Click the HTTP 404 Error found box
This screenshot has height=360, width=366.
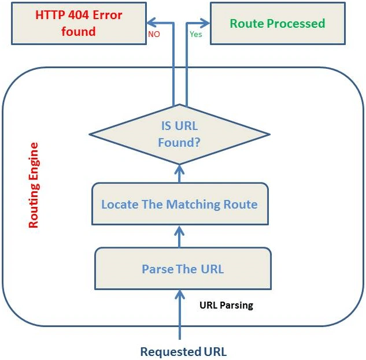point(79,23)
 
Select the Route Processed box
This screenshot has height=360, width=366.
point(278,23)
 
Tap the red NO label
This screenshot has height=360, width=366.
point(154,34)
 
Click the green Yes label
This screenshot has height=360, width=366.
point(196,34)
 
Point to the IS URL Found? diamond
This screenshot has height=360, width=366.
point(179,135)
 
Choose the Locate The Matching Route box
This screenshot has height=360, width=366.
point(180,204)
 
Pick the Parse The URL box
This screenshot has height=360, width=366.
point(183,269)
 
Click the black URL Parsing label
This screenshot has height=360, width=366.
point(227,305)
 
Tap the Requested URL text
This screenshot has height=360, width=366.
point(183,351)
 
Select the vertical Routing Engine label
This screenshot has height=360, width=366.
point(34,185)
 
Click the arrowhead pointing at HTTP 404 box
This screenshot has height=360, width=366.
point(151,23)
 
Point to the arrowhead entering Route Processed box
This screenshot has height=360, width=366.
point(205,23)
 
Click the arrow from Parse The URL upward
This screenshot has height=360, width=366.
point(179,236)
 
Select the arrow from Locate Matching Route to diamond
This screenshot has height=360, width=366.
point(179,174)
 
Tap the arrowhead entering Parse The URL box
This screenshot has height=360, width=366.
point(180,295)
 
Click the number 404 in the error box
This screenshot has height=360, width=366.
point(79,15)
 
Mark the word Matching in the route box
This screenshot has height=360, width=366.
point(193,205)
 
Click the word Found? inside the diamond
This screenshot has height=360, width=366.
point(179,142)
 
